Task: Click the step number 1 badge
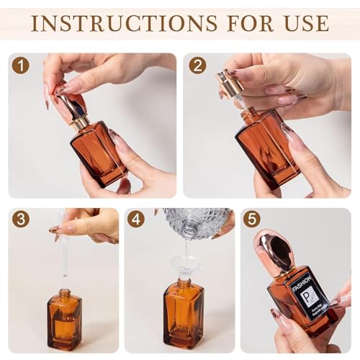(x=20, y=66)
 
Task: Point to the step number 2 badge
(x=197, y=66)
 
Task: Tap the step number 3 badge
(x=20, y=218)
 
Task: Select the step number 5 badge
(x=251, y=218)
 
